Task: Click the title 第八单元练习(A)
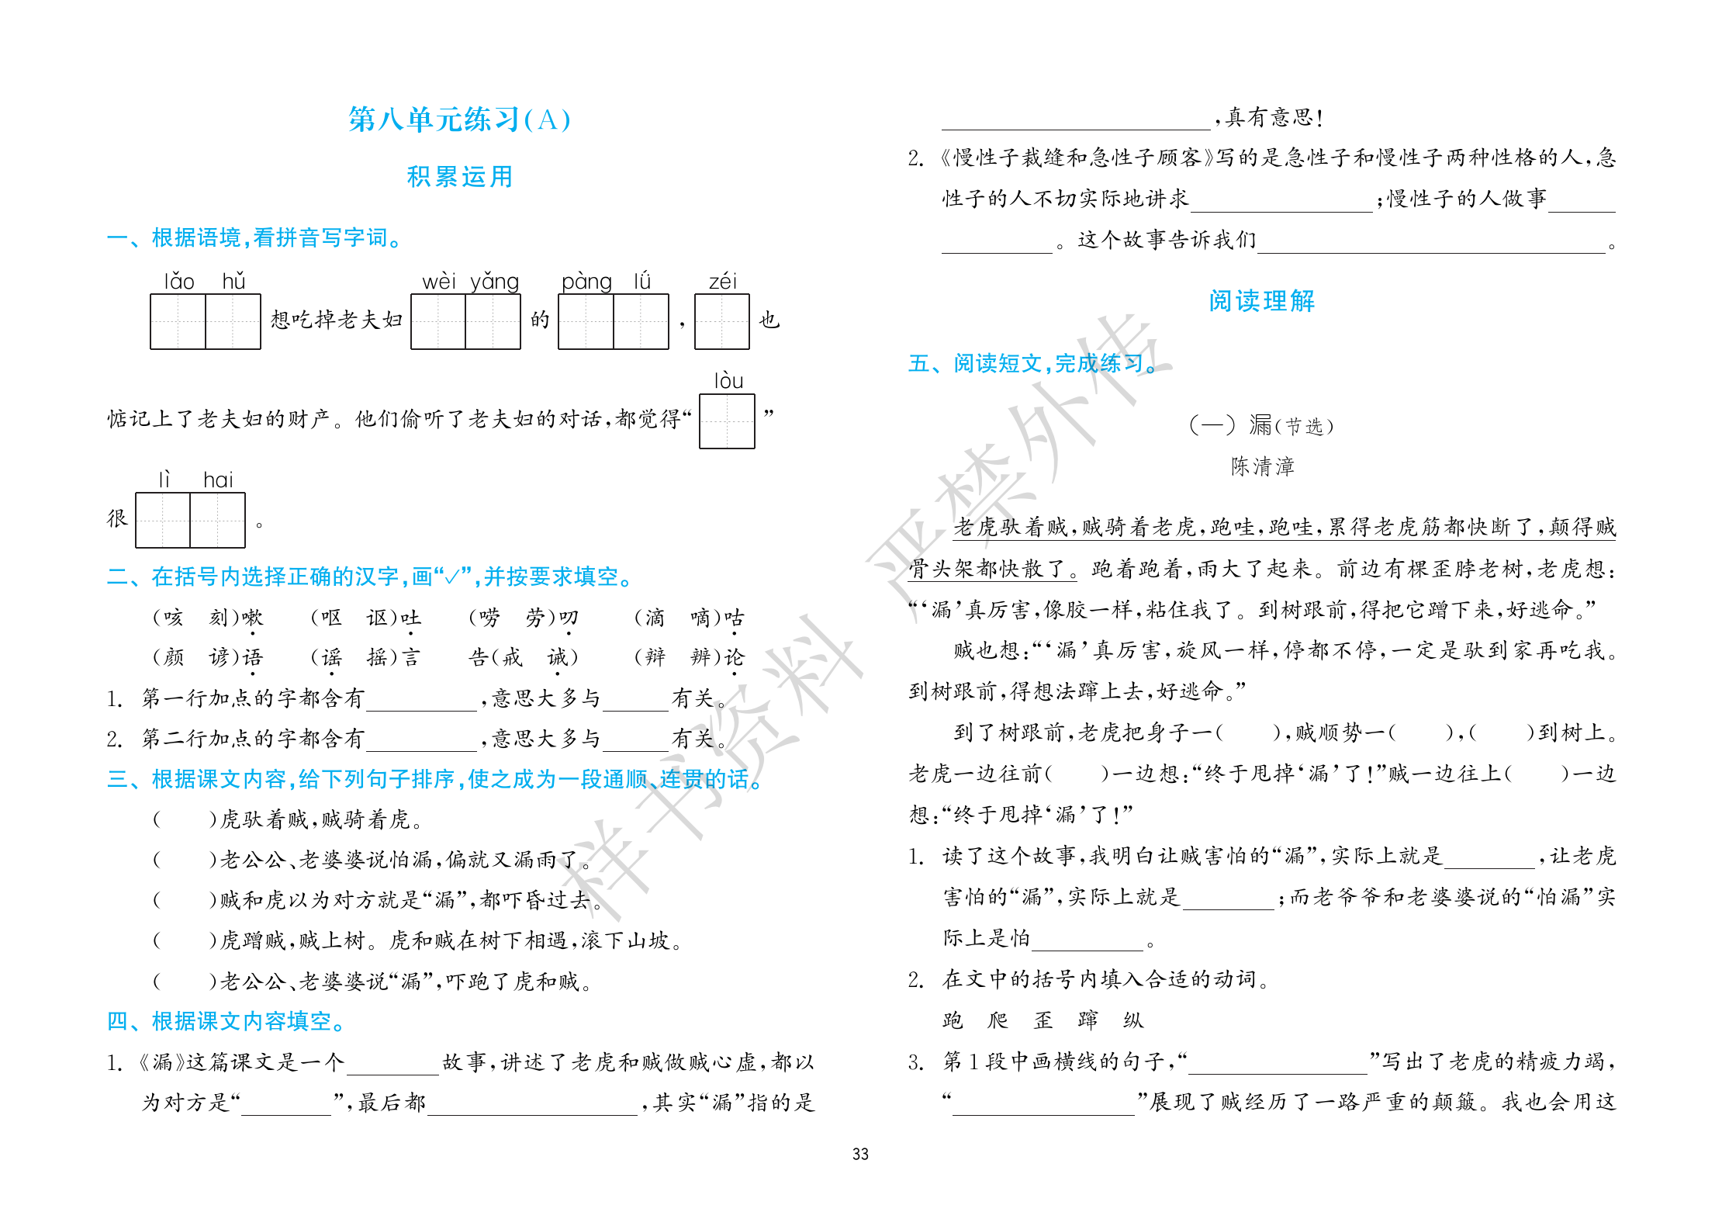(x=459, y=119)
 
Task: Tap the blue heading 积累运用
(x=459, y=177)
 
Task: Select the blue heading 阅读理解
(x=1261, y=301)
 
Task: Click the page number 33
(x=860, y=1154)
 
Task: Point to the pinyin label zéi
(x=722, y=281)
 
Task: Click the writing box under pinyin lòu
(x=727, y=421)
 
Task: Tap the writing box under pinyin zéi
(x=722, y=321)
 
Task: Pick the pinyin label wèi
(x=439, y=281)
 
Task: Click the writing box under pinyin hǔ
(x=233, y=321)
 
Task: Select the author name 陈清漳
(x=1262, y=466)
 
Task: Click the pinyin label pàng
(x=586, y=281)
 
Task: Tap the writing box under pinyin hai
(x=217, y=520)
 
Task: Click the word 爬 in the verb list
(x=998, y=1020)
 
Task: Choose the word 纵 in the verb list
(x=1133, y=1020)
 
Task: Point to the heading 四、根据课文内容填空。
(x=226, y=1021)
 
